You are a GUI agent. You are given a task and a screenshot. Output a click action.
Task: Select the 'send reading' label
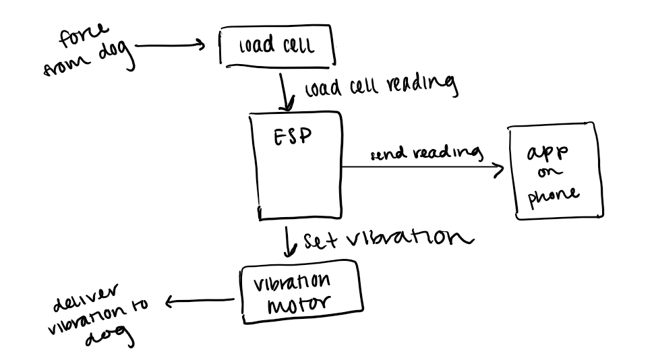[x=427, y=154]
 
